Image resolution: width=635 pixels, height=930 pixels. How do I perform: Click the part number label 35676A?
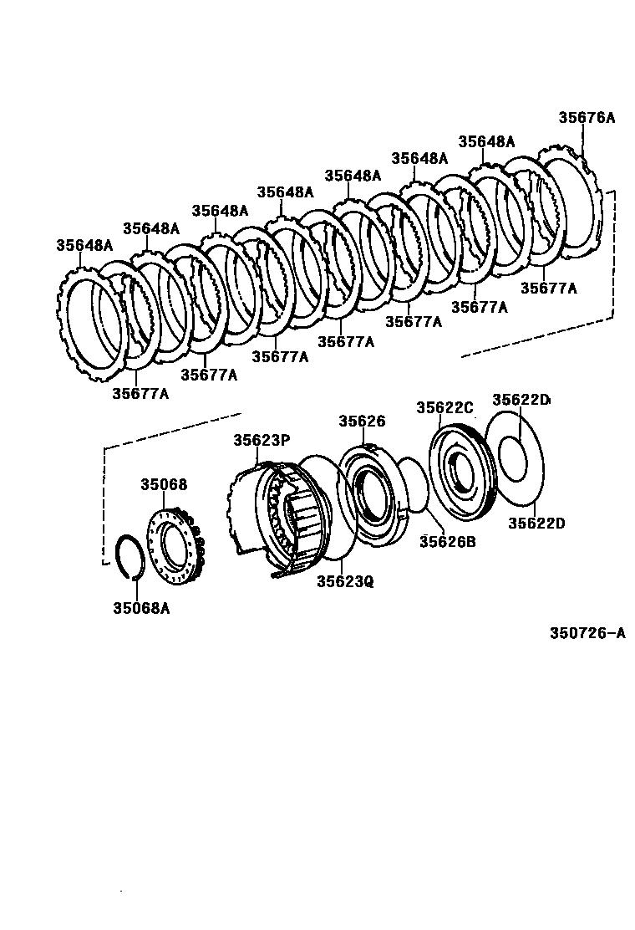tap(586, 118)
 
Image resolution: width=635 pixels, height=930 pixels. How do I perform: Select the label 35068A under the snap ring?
tap(140, 608)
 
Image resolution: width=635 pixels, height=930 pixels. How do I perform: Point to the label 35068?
tap(164, 484)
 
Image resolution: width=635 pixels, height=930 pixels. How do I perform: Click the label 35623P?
tap(261, 440)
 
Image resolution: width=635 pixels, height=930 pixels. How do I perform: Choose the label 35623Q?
tap(344, 580)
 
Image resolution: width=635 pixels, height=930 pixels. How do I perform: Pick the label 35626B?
tap(447, 541)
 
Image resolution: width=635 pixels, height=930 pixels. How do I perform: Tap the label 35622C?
tap(444, 407)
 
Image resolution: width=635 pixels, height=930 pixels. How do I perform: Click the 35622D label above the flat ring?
tap(521, 400)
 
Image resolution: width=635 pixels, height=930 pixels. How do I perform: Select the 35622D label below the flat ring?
tap(537, 524)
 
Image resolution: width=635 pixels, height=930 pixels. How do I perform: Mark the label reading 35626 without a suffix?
tap(362, 421)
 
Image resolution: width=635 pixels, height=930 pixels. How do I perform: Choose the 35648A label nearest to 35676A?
tap(486, 141)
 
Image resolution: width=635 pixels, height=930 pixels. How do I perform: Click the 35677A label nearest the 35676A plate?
tap(548, 288)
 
